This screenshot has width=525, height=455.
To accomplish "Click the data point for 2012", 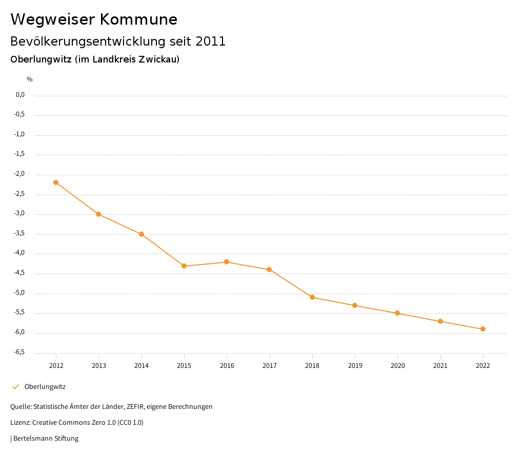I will tap(56, 182).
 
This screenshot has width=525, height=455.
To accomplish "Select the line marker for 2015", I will tap(184, 266).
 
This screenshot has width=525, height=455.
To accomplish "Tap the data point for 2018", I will tap(312, 297).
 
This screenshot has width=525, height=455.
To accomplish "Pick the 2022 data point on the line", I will tap(483, 329).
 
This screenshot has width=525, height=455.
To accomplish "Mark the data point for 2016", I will tap(227, 262).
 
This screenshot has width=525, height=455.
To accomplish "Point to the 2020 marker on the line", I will tap(397, 313).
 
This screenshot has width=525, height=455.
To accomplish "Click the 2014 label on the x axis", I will tap(142, 365).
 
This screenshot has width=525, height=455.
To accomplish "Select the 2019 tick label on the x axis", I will tap(355, 365).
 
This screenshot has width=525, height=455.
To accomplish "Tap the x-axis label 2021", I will tap(440, 365).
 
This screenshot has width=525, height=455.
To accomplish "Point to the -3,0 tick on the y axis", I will tap(20, 214).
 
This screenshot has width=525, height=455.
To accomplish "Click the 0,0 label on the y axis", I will tap(21, 95).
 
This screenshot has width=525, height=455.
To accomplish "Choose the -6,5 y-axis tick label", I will tap(20, 352).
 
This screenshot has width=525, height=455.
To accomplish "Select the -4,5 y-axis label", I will tap(20, 273).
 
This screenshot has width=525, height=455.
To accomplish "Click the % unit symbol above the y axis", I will tap(30, 79).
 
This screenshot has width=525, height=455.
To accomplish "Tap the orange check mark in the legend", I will tap(15, 387).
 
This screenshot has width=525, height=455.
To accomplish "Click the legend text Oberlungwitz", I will tap(45, 387).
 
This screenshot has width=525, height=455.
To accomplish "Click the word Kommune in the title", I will tap(138, 19).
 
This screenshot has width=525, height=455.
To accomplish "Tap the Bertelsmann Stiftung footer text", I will tap(46, 439).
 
